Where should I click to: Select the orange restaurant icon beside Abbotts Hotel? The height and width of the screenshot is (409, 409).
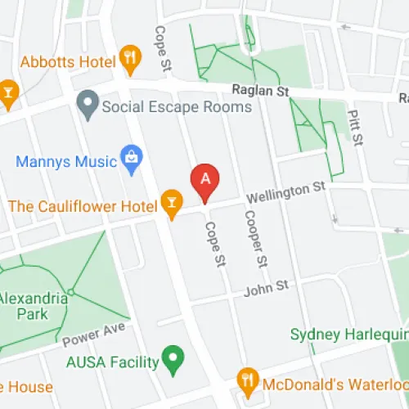pos(129,57)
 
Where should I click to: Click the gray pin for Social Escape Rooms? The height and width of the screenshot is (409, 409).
pos(87,104)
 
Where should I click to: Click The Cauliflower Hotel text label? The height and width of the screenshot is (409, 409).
pos(82,205)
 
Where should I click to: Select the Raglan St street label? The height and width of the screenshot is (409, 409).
pos(263,94)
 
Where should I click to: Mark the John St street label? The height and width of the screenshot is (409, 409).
pos(271,286)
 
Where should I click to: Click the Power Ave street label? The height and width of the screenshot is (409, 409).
pos(93,335)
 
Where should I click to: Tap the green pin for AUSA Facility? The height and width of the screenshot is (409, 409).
pos(172,357)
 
